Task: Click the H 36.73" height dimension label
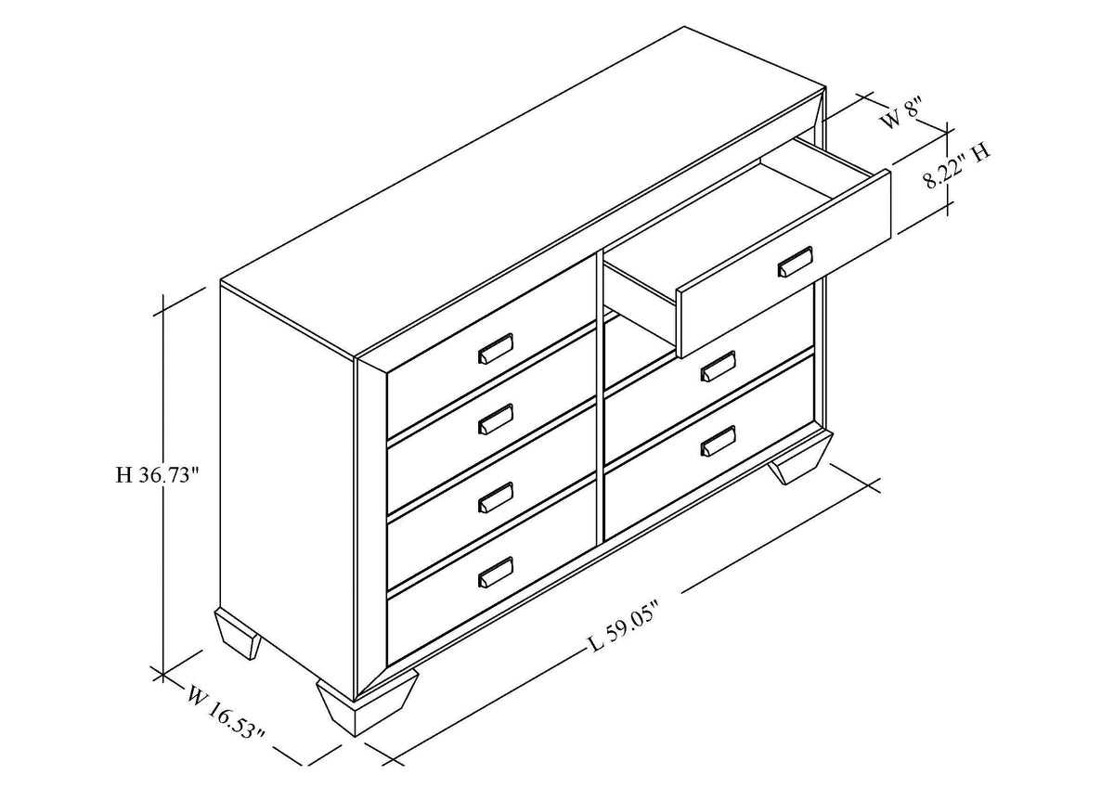click(x=157, y=475)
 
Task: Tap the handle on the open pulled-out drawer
click(x=795, y=261)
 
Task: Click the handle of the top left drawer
click(x=496, y=348)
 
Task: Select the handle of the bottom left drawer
click(x=496, y=572)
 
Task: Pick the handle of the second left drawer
click(x=496, y=419)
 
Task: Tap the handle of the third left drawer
click(x=496, y=497)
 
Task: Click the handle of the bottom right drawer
click(x=718, y=440)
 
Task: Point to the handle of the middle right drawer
click(x=718, y=366)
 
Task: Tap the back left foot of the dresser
click(x=238, y=635)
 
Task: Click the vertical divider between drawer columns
click(x=600, y=398)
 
